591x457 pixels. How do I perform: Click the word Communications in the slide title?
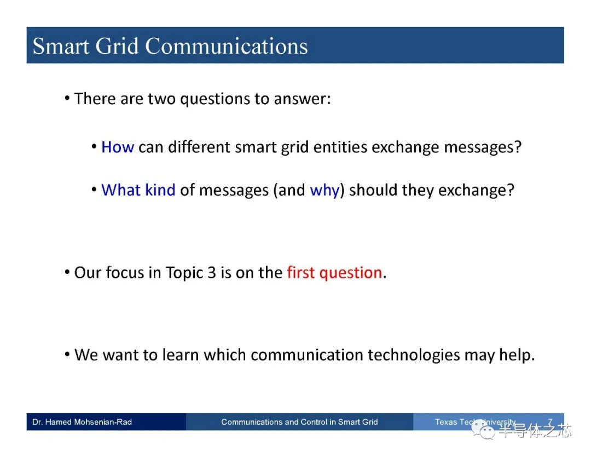click(227, 46)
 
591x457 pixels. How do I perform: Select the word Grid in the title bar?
click(117, 46)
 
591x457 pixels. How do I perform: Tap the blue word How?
click(118, 147)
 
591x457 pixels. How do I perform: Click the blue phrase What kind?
click(138, 190)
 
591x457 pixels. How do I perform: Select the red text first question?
click(335, 273)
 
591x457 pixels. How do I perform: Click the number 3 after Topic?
click(212, 273)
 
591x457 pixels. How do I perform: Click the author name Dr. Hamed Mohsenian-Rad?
click(82, 422)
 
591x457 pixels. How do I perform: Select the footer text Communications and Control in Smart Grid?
click(300, 422)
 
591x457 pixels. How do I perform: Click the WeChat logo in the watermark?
click(483, 430)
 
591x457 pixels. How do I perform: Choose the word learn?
click(181, 355)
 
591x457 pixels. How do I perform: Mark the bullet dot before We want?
click(67, 355)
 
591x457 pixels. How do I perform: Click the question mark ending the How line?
click(518, 146)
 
